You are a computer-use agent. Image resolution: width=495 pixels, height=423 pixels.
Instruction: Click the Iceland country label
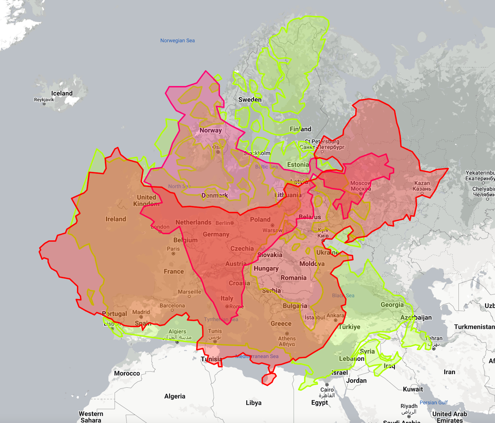[62, 93]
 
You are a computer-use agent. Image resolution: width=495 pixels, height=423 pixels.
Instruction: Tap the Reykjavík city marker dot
[44, 104]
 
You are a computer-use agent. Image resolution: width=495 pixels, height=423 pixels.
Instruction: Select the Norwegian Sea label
[177, 41]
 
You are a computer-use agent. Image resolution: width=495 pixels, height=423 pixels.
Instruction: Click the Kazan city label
[422, 183]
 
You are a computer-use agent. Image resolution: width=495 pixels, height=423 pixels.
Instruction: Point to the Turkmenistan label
[474, 327]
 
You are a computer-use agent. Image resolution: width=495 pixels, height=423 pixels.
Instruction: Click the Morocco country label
[127, 373]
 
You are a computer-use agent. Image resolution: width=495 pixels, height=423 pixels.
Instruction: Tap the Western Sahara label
[91, 417]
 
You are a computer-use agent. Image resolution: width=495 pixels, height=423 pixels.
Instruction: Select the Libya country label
[253, 403]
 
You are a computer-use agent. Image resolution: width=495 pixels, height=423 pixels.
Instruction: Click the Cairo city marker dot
[327, 385]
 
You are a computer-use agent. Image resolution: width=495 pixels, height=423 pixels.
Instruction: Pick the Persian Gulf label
[433, 402]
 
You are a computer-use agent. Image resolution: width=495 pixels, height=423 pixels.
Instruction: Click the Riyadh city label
[409, 406]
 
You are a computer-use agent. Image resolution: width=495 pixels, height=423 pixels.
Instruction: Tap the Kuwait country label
[413, 389]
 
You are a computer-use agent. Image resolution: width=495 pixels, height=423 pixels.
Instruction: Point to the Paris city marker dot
[173, 254]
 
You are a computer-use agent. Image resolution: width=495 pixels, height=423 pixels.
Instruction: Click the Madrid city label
[141, 312]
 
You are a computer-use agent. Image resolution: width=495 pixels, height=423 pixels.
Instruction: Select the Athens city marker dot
[287, 334]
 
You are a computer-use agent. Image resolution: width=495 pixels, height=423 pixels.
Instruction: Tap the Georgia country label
[392, 304]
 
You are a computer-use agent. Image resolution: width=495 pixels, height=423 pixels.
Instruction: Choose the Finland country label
[300, 129]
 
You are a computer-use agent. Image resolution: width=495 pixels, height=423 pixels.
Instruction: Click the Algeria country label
[174, 396]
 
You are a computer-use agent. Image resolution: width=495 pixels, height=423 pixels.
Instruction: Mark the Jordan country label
[356, 380]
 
